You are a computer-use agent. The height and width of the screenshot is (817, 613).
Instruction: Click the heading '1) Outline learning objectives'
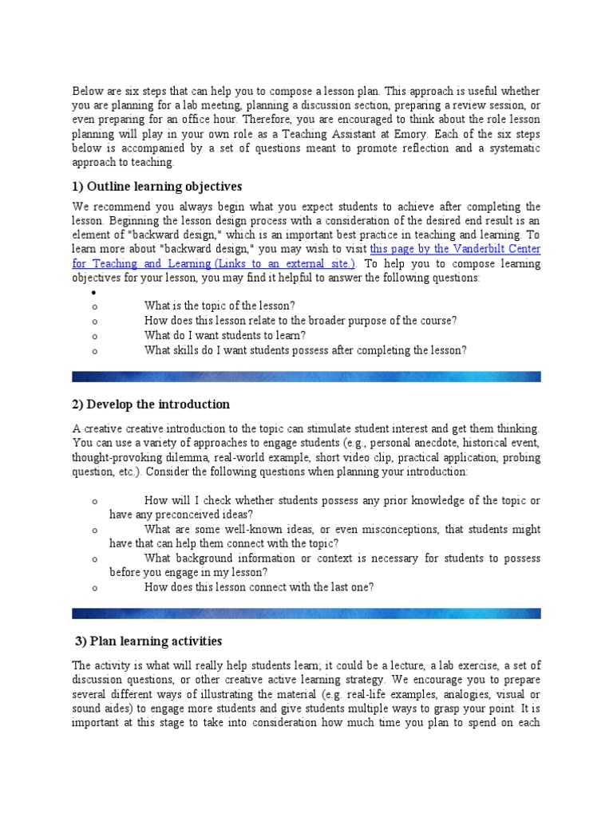(x=156, y=187)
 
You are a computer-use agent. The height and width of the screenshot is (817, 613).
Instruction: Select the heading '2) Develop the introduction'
(x=151, y=404)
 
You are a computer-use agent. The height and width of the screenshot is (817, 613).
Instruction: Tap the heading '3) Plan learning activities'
(x=148, y=641)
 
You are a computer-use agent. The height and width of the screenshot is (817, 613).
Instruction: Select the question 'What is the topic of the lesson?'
(x=219, y=306)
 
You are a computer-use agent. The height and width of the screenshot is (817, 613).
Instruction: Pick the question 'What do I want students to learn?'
(x=225, y=335)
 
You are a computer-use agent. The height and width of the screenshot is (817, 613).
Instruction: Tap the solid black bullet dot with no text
(x=94, y=293)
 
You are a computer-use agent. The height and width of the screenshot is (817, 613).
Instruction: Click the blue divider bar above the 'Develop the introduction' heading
(x=306, y=376)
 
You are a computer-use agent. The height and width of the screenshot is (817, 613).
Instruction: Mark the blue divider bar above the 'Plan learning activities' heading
(x=306, y=613)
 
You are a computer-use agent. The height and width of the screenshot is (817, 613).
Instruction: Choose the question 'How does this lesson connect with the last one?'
(x=259, y=587)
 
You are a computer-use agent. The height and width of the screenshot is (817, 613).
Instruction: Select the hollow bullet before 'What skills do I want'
(x=94, y=351)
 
